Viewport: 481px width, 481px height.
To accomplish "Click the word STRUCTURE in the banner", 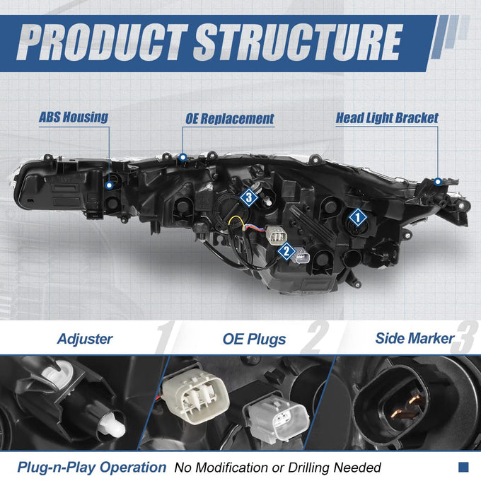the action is [299, 42].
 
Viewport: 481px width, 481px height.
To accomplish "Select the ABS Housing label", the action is [74, 117].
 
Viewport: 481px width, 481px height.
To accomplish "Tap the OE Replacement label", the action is [230, 119].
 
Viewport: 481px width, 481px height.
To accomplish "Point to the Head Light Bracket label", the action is [387, 118].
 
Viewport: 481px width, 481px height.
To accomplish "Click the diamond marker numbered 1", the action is [358, 217].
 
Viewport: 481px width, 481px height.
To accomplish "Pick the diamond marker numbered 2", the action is [286, 251].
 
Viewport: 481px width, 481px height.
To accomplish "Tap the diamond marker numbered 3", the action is [249, 197].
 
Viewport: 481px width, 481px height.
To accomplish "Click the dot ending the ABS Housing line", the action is [109, 185].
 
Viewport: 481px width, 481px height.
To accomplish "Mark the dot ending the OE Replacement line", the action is [183, 158].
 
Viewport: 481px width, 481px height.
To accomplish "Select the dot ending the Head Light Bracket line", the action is [438, 182].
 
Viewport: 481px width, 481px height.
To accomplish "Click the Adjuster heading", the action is [85, 339].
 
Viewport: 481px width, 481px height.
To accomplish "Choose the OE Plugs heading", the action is [255, 340].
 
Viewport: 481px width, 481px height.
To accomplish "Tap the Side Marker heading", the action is [415, 338].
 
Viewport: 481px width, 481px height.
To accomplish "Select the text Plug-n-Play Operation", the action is [92, 468].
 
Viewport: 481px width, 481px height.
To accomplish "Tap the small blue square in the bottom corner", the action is [463, 467].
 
